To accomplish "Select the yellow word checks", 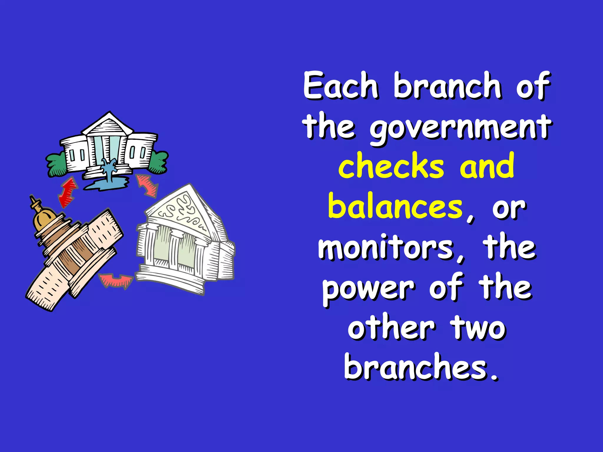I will [x=391, y=166].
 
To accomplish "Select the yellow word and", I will [x=487, y=166].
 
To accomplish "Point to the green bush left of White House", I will [x=56, y=165].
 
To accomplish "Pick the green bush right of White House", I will [x=159, y=162].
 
